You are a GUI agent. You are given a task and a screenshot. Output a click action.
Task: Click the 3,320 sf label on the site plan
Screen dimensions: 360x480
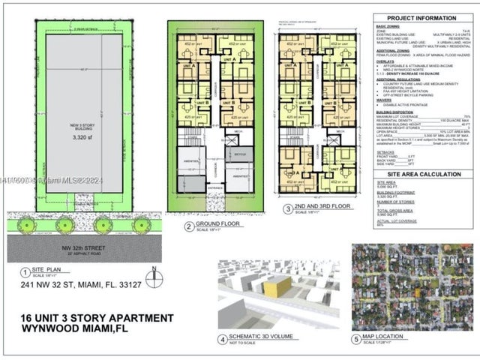click(81, 138)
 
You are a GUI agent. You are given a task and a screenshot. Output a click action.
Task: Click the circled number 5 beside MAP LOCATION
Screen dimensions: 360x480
click(355, 339)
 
